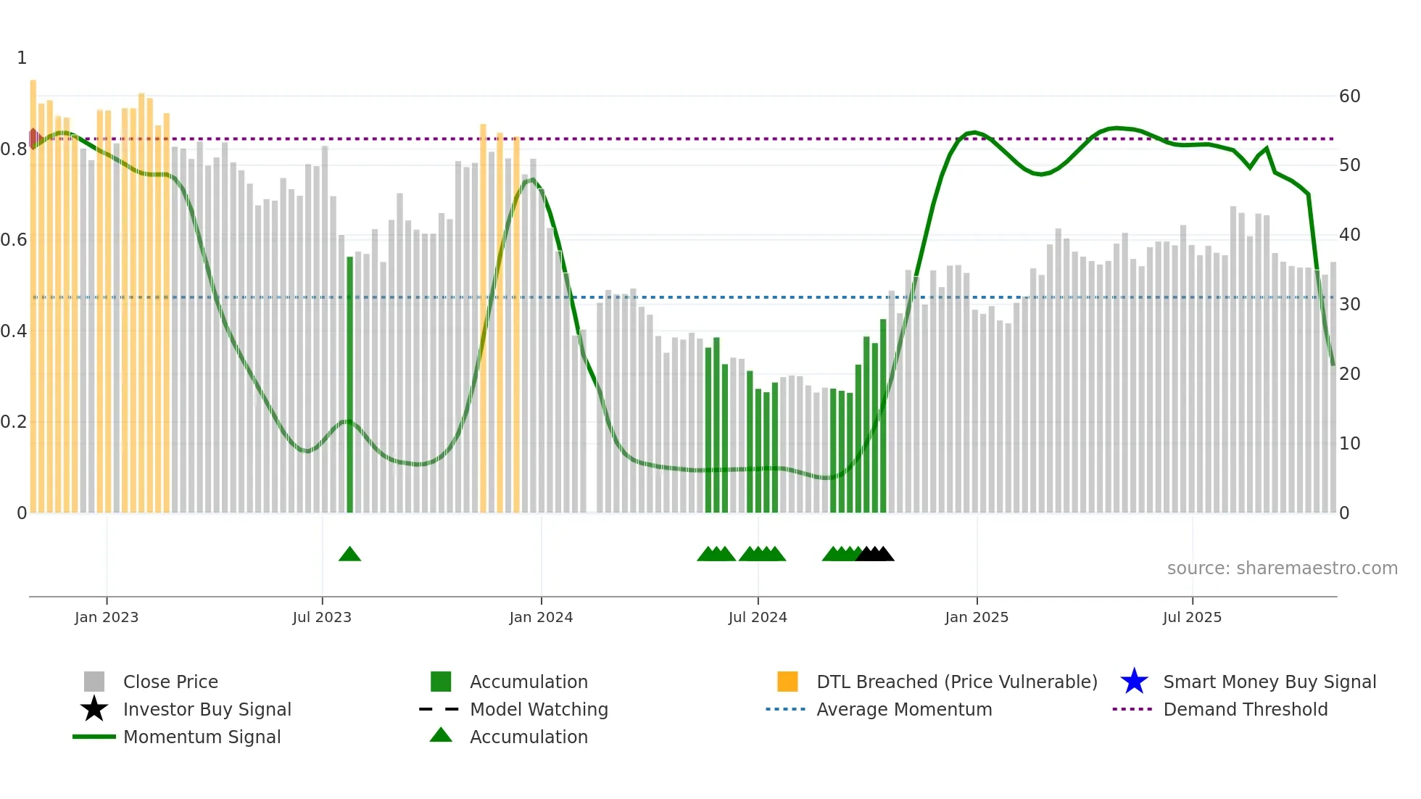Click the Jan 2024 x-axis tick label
pos(541,617)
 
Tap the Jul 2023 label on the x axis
pos(322,617)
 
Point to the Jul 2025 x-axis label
pos(1192,617)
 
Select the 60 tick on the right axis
pos(1349,96)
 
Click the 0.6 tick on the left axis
pos(14,240)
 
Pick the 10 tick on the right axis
pos(1349,443)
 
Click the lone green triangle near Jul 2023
pos(349,555)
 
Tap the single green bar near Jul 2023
pos(349,384)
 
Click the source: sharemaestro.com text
pos(1282,568)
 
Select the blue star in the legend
pos(1134,682)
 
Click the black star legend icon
pos(94,709)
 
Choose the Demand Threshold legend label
pos(1245,709)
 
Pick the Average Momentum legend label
pos(904,709)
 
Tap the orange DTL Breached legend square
pos(787,682)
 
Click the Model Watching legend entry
pos(539,709)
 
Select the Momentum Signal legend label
pos(202,737)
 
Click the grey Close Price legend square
pos(94,682)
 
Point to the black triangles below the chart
pos(875,555)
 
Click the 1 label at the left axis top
pos(22,58)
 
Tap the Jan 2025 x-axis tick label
pos(976,617)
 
